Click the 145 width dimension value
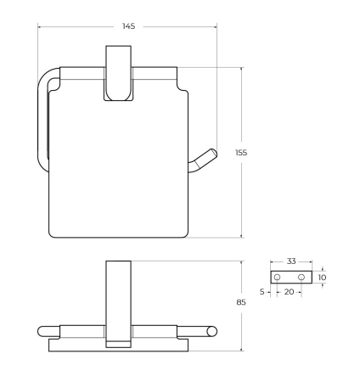[128, 26]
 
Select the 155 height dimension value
[241, 152]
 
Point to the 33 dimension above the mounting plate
[291, 261]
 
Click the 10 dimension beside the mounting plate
[322, 278]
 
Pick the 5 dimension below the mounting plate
[263, 292]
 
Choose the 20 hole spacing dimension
[289, 292]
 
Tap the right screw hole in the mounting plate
[301, 278]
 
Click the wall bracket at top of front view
[118, 73]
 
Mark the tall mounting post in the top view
[118, 301]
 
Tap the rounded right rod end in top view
[214, 332]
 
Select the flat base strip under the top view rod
[118, 346]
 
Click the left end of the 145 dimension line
[38, 26]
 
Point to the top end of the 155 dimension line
[242, 67]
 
